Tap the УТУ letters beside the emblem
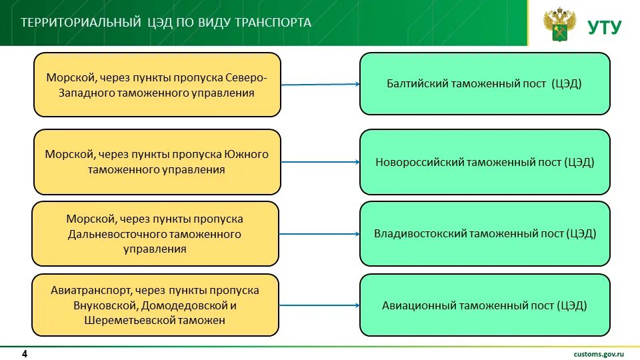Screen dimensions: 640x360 (604, 27)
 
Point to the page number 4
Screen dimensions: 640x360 (25, 353)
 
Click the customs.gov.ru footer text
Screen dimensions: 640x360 (598, 353)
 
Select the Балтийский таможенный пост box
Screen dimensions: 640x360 (485, 84)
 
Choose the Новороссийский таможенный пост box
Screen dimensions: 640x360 (485, 162)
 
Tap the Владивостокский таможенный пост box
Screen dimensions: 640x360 (485, 234)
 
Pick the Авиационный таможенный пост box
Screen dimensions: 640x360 (485, 306)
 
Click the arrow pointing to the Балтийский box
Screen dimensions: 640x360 (320, 85)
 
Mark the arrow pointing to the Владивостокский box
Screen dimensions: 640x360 (320, 234)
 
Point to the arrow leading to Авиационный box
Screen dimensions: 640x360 (320, 305)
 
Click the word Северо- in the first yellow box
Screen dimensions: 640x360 (246, 77)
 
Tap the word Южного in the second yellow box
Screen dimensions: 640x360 (247, 154)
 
